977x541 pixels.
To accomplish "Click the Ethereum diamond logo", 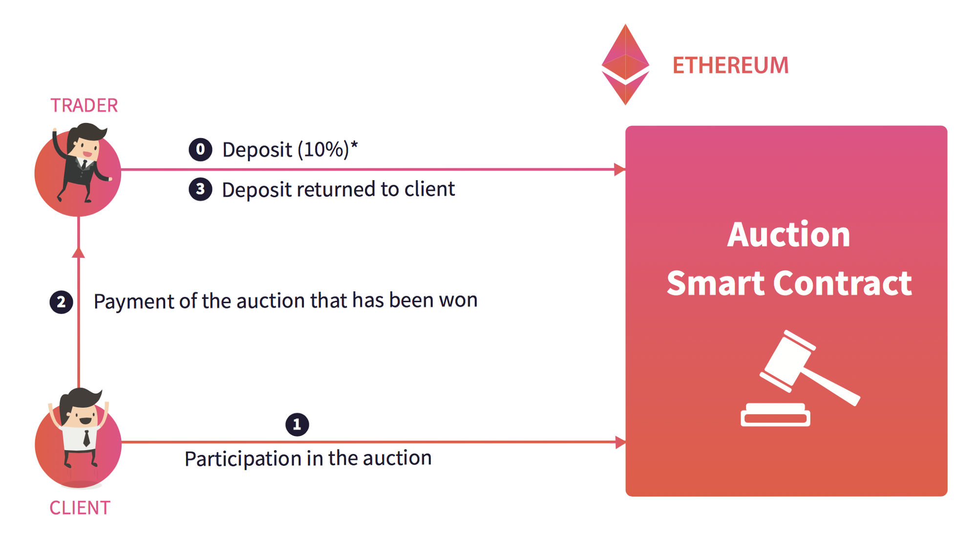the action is tap(625, 64).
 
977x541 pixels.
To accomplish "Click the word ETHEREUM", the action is tap(730, 65).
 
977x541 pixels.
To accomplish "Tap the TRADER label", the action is tap(84, 105).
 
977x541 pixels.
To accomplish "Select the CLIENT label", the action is tap(80, 508).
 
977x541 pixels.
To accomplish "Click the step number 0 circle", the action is tap(200, 149).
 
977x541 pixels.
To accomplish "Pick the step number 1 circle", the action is tap(297, 424).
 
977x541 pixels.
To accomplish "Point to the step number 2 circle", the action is tap(61, 302).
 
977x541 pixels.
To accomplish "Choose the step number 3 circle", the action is tap(200, 189).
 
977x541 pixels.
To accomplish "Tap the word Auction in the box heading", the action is tap(788, 235).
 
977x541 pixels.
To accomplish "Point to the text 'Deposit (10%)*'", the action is tap(290, 149).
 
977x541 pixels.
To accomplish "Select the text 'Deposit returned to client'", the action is tap(338, 189).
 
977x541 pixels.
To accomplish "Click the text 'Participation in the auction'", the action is tap(308, 458).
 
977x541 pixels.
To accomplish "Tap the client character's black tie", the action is tap(86, 438).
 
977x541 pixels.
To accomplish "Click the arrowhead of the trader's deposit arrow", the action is tap(619, 169).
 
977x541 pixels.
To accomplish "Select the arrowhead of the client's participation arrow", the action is tap(620, 442).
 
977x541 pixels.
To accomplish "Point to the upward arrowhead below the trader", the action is tap(78, 252).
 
